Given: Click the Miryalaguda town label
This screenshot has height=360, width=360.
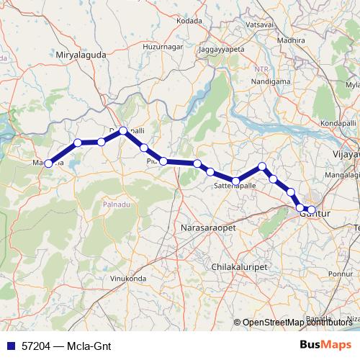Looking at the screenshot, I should tap(80, 54).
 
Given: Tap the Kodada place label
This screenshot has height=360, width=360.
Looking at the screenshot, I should tap(189, 21).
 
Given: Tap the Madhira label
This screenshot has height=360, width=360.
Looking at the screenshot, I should tap(291, 40).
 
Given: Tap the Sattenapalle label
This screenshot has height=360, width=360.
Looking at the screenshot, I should tap(235, 186).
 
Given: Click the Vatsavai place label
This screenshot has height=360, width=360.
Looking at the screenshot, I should tap(259, 24).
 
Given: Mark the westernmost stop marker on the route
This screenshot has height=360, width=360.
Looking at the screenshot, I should tap(48, 163).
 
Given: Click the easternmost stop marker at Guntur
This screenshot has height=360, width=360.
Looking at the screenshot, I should tap(311, 210).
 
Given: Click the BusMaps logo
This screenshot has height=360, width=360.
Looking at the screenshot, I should tap(325, 345).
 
